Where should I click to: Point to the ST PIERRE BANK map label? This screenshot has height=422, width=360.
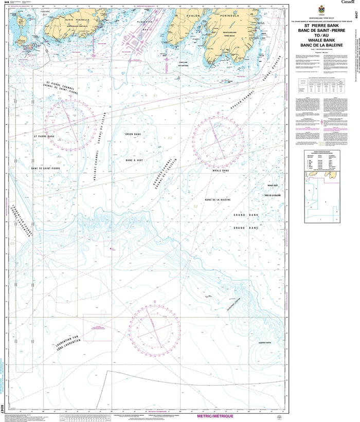[44, 137]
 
